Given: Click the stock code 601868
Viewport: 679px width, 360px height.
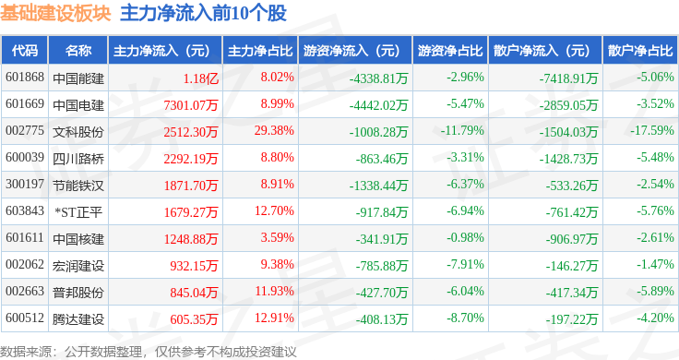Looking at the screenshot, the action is click(x=25, y=78).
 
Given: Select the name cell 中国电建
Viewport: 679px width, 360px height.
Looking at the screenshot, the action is click(x=78, y=105).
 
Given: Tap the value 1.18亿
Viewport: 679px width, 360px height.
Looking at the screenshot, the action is click(x=200, y=78).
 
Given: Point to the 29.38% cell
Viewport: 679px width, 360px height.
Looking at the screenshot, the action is click(x=274, y=131).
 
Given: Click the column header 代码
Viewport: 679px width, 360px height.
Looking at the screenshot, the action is click(x=25, y=51).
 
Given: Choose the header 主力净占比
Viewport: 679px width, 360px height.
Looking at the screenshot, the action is click(x=260, y=51).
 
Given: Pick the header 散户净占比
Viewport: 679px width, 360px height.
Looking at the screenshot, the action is click(x=640, y=51).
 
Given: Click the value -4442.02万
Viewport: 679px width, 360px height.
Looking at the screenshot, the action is click(x=378, y=105).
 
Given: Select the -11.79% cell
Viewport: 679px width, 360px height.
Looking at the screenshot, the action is click(x=462, y=131).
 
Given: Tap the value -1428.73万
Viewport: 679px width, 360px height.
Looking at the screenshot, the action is click(x=568, y=159).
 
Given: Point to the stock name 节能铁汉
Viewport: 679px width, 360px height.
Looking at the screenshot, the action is click(x=78, y=186).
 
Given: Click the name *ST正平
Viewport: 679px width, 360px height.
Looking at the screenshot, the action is click(x=78, y=212).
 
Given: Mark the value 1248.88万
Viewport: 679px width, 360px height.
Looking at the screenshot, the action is click(x=191, y=239).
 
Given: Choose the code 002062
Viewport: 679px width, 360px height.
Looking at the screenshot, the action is click(x=25, y=264).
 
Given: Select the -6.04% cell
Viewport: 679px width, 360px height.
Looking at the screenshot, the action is click(x=465, y=291).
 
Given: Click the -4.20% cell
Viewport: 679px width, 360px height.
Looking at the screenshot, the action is click(x=655, y=318).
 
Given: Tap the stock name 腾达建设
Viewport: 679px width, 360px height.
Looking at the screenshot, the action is click(x=78, y=319).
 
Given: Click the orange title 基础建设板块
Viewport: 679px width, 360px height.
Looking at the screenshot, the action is click(x=55, y=14).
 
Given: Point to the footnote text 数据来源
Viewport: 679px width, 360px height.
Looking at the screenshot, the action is click(x=26, y=352).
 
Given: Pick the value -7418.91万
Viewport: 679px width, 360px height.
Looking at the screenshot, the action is click(x=568, y=78).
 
